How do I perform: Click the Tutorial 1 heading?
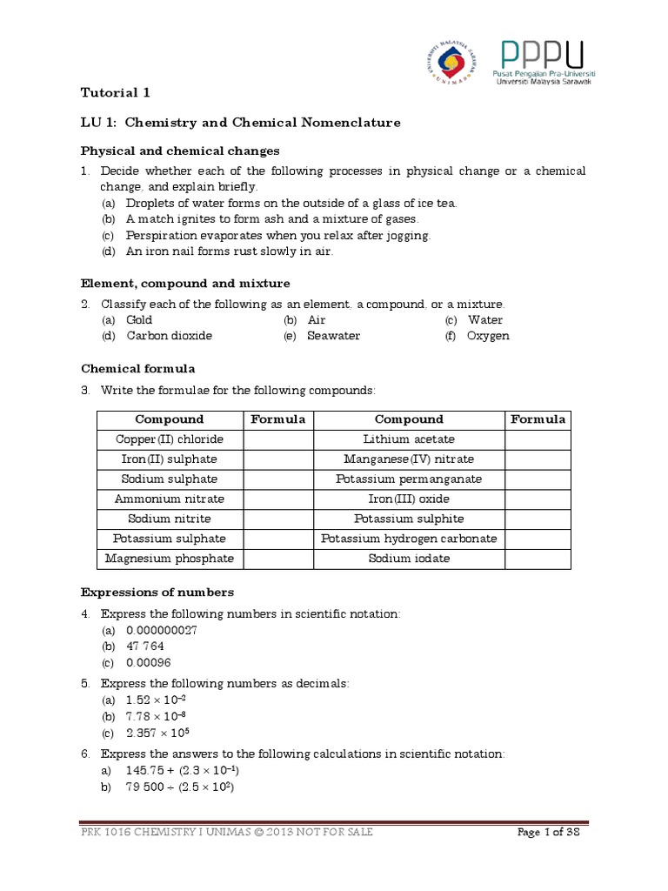(x=121, y=92)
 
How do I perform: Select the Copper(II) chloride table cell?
(x=170, y=439)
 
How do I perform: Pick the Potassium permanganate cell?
(x=409, y=479)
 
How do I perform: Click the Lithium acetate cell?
(x=409, y=439)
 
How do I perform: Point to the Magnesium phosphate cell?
(x=170, y=559)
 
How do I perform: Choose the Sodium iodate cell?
(x=409, y=559)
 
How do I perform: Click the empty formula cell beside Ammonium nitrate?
(x=277, y=499)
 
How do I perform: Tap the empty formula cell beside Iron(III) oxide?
(x=538, y=499)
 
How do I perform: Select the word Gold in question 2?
(x=139, y=320)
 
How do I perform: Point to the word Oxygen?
(x=488, y=336)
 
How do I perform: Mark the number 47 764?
(x=145, y=646)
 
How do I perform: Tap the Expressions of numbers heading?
(x=157, y=593)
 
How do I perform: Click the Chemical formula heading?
(x=138, y=369)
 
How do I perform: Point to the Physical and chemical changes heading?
(x=180, y=151)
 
